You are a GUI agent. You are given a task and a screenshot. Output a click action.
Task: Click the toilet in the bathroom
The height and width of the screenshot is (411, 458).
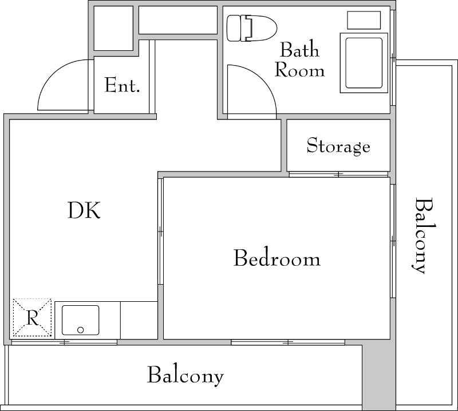point(252,28)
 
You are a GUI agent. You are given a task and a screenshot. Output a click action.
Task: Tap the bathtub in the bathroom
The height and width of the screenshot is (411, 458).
point(364,63)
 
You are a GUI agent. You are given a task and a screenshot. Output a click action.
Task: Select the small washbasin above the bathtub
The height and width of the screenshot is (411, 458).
point(364,20)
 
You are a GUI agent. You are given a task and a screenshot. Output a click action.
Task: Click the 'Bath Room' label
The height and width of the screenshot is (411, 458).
point(299,60)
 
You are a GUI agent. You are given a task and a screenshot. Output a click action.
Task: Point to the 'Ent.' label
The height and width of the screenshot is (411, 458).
point(122,85)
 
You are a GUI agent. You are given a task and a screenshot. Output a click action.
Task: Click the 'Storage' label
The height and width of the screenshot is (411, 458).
point(338,146)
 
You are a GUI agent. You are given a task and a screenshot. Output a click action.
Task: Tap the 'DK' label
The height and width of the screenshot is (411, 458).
point(84,210)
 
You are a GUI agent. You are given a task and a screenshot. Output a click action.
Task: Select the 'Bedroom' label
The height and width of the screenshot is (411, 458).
point(277,258)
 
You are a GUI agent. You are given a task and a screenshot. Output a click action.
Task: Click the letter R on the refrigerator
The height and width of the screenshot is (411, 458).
point(33,318)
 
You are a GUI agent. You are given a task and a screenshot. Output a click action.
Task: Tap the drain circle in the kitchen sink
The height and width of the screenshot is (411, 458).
point(81,330)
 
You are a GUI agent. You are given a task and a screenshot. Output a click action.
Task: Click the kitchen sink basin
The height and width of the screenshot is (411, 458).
point(80,320)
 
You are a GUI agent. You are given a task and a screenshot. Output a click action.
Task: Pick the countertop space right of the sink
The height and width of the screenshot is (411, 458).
point(139,320)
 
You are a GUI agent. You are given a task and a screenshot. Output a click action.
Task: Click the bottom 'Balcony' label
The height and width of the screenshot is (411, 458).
point(185,376)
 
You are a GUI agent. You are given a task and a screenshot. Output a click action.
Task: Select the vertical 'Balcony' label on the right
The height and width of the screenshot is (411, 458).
point(424,236)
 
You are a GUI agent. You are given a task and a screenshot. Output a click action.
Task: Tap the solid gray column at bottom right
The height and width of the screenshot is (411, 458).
point(379,376)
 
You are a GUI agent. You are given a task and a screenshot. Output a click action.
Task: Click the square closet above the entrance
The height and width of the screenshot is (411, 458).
point(113,28)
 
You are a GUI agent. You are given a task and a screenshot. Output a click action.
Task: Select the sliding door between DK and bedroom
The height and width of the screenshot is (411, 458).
point(160,232)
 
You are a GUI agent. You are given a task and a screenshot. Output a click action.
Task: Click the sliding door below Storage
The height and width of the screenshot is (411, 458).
point(338,174)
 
